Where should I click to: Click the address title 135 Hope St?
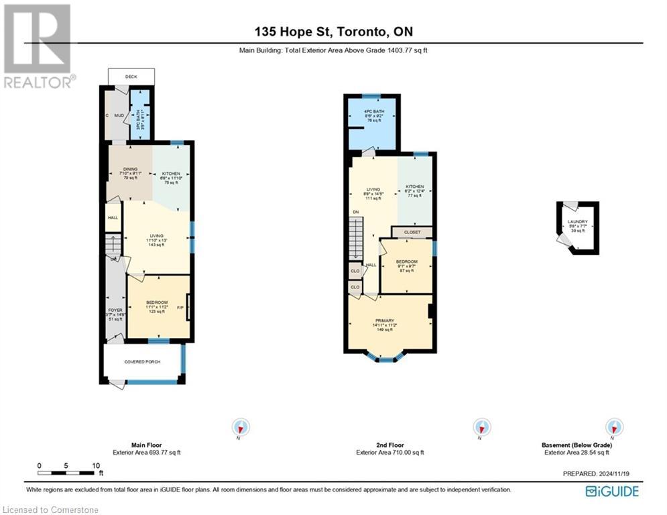coord(332,32)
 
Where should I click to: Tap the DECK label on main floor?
coord(131,76)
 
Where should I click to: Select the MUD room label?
coord(119,115)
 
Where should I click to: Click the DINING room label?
coord(129,169)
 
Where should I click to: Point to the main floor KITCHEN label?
coord(171,174)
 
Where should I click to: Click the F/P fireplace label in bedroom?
coord(180,308)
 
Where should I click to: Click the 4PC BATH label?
coord(373,111)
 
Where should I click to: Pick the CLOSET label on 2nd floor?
coord(412,232)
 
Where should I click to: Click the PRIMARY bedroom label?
coord(389,321)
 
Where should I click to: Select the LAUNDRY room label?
coord(577,222)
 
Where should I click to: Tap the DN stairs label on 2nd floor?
coord(355,213)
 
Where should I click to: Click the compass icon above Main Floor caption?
coord(241,427)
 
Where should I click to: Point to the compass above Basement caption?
coord(613,427)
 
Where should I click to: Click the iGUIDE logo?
coord(611,492)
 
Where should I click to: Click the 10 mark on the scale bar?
coord(97,465)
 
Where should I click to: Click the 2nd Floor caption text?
coord(389,445)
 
